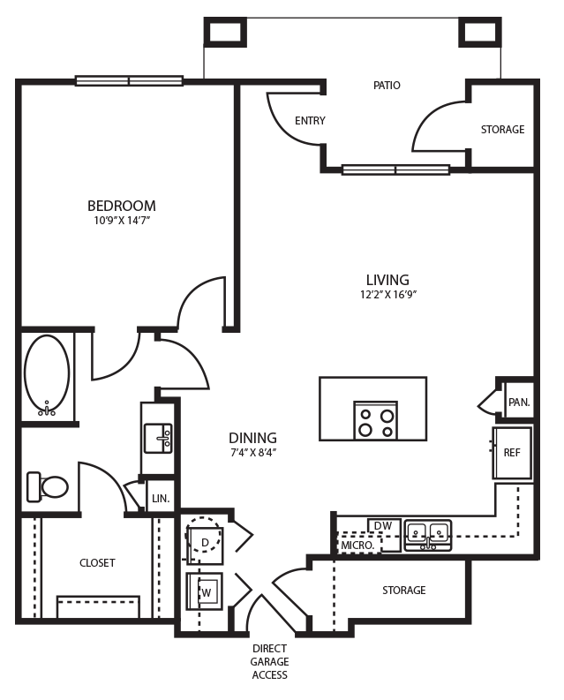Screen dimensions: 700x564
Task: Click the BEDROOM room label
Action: coord(121,206)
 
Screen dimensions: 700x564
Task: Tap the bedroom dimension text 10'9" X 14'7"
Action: coord(121,221)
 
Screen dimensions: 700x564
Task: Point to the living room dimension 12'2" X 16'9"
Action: coord(387,295)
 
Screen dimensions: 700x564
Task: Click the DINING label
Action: coord(252,438)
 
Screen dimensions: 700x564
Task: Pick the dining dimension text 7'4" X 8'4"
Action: coord(252,453)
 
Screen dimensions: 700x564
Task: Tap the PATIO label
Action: coord(387,86)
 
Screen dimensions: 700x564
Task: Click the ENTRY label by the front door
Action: coord(310,121)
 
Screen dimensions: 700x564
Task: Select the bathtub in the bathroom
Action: coord(47,374)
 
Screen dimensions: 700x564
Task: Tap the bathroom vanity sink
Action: coord(158,437)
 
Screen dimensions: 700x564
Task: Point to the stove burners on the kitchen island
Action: coord(375,422)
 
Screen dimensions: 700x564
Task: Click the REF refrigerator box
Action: coord(512,453)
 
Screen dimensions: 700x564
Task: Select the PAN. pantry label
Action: coord(519,403)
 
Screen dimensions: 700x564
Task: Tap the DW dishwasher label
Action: coord(383,526)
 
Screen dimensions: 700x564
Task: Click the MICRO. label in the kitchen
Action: coord(357,546)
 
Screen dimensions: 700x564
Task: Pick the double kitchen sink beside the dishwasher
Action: coord(427,534)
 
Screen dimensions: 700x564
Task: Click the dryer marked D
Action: coord(205,542)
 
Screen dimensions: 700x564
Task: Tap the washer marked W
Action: coord(205,592)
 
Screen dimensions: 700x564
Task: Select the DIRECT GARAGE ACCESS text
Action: coord(270,661)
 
